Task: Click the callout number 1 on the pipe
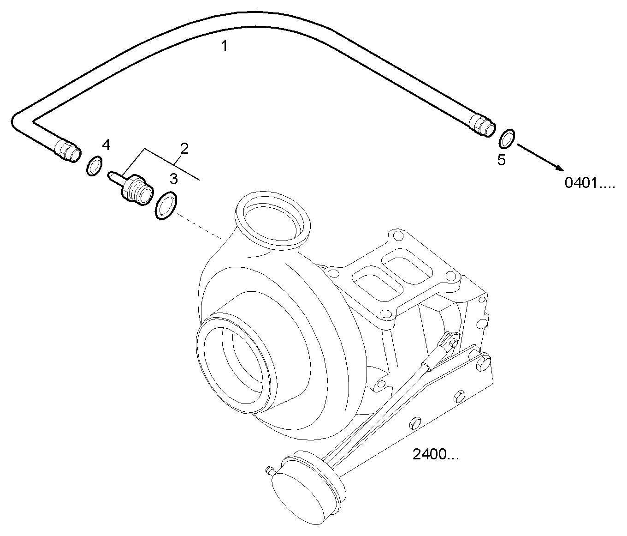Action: point(224,46)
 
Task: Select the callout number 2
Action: point(184,149)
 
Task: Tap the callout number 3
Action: point(173,179)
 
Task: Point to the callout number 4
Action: point(106,145)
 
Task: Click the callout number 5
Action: point(501,160)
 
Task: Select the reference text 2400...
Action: point(435,455)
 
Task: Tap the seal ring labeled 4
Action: point(95,166)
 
